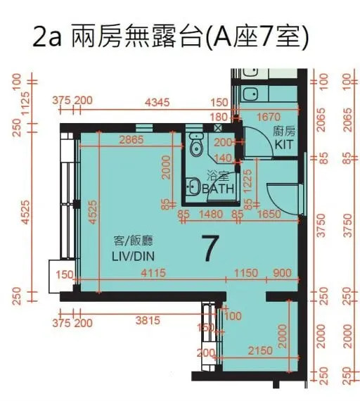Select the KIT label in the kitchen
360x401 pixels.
[x=283, y=145]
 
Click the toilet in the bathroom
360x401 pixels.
[x=195, y=146]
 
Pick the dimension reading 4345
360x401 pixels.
[x=157, y=103]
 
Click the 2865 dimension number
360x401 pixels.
[x=131, y=139]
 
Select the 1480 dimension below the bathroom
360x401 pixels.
[x=211, y=214]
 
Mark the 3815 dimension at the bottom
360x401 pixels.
[x=148, y=321]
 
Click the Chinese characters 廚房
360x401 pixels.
[x=284, y=132]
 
